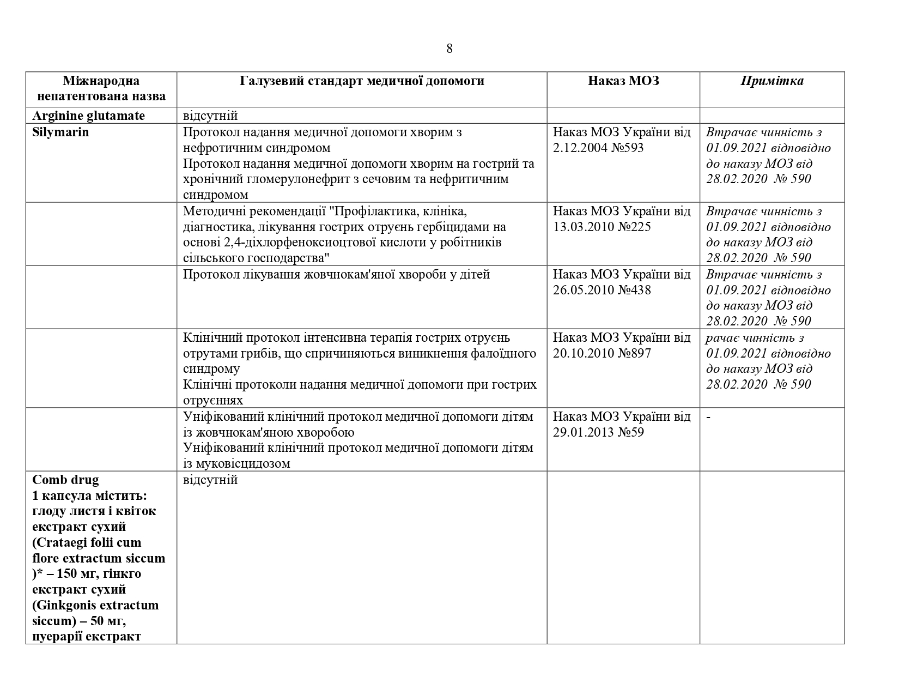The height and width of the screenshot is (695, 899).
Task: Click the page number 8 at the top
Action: coord(449,49)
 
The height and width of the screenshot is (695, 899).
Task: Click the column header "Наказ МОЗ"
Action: coord(623,81)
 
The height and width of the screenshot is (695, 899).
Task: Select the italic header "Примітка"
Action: coord(772,81)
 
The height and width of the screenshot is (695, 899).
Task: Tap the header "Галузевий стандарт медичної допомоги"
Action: coord(362,81)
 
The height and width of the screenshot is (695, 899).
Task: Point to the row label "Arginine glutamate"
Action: coord(88,116)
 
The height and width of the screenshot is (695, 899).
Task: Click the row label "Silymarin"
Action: coord(60,132)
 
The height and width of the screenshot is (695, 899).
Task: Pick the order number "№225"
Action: coord(632,227)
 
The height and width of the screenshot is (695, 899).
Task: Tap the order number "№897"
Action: coord(632,353)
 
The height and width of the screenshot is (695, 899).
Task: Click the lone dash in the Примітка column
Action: coord(708,417)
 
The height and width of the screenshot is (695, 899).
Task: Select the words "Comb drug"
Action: coord(65,480)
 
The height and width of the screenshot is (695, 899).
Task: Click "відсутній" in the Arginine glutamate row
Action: coord(210,116)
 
